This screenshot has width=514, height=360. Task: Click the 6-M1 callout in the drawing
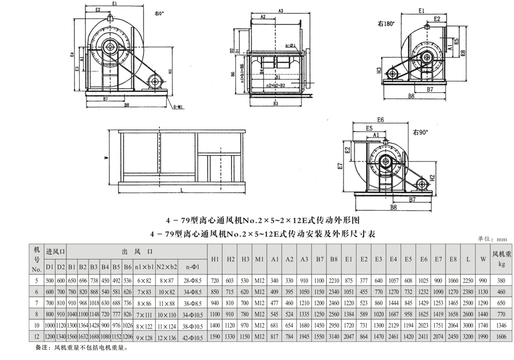pos(178,106)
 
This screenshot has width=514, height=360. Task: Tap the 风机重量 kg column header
pos(501,259)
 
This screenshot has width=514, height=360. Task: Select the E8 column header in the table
pos(452,259)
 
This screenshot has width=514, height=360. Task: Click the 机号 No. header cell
pos(37,259)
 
